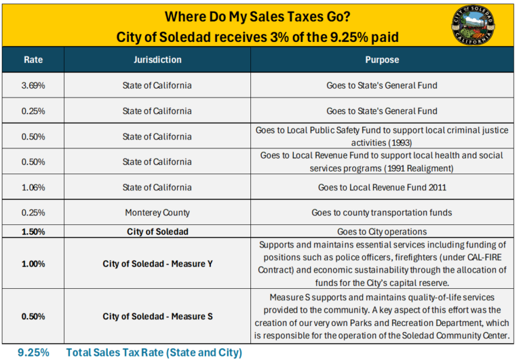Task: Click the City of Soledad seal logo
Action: (x=473, y=25)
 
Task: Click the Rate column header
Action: (x=33, y=60)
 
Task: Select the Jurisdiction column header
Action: (x=157, y=60)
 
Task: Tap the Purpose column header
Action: (x=382, y=60)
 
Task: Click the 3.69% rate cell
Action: (x=33, y=85)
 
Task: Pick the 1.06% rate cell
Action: (x=33, y=187)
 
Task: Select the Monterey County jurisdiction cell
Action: (x=157, y=213)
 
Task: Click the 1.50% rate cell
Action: (x=33, y=231)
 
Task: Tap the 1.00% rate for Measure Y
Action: (x=33, y=264)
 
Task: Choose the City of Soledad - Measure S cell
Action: (x=157, y=317)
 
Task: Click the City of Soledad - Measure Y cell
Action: (x=157, y=264)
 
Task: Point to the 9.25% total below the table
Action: (x=33, y=353)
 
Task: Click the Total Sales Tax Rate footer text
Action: (x=154, y=353)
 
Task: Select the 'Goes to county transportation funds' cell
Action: (x=382, y=213)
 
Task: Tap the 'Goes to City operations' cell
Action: (x=382, y=231)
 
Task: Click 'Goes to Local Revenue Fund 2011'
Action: (x=382, y=187)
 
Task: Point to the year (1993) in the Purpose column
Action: (x=400, y=143)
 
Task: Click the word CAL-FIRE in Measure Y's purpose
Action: (x=484, y=258)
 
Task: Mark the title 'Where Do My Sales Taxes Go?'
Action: (x=258, y=16)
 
